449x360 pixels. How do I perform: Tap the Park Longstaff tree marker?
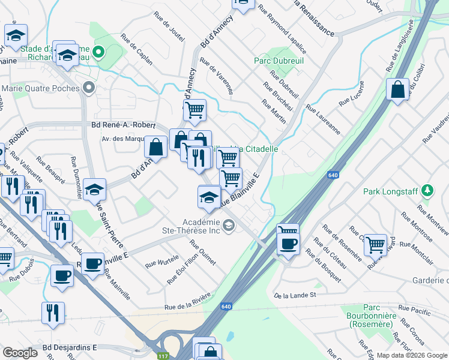(x=427, y=191)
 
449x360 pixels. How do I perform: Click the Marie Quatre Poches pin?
(x=89, y=88)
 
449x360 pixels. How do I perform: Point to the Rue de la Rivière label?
(x=188, y=302)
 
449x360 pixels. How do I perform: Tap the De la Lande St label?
(x=295, y=295)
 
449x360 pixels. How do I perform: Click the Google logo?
(x=20, y=353)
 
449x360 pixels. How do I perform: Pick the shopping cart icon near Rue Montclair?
(x=375, y=244)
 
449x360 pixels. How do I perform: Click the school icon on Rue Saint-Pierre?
(x=94, y=190)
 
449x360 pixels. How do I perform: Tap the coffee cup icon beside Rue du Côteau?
(x=288, y=244)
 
